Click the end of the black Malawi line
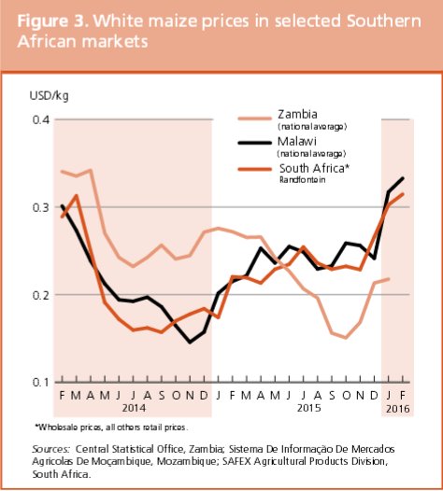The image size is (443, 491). click(x=403, y=178)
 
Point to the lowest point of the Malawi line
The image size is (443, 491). click(x=191, y=343)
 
